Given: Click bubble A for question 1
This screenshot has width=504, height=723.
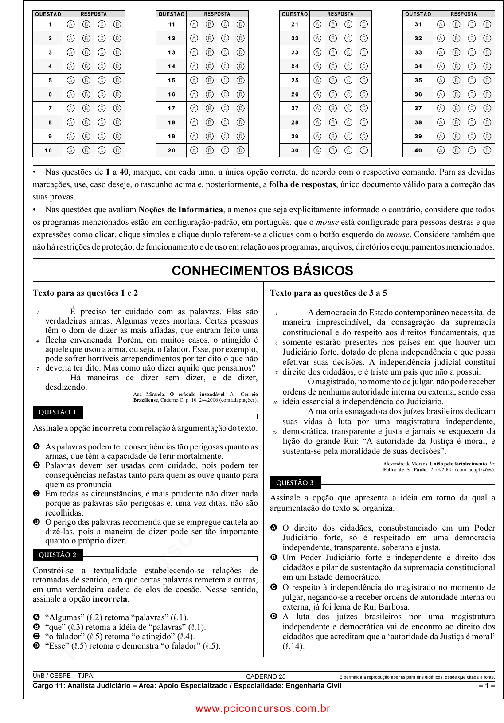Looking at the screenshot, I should pyautogui.click(x=71, y=24).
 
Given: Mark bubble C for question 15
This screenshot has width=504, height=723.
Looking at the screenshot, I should pyautogui.click(x=225, y=80).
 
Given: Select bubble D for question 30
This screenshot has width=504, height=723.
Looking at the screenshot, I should pyautogui.click(x=364, y=150).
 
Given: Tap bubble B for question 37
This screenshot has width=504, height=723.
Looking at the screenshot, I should pyautogui.click(x=456, y=108).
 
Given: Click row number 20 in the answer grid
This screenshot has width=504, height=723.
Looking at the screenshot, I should pyautogui.click(x=172, y=150).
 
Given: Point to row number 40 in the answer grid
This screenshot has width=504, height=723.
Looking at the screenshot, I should pyautogui.click(x=418, y=150).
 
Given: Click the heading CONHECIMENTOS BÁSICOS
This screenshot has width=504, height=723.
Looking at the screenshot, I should pyautogui.click(x=262, y=270).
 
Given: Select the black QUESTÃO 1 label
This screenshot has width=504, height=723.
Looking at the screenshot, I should pyautogui.click(x=58, y=412).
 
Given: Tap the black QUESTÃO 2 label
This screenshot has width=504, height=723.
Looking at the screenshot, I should pyautogui.click(x=58, y=555).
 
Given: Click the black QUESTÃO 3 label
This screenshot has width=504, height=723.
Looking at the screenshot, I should pyautogui.click(x=295, y=483).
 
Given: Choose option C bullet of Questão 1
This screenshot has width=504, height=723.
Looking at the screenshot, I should pyautogui.click(x=36, y=493).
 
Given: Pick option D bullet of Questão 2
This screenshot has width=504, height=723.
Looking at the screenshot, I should pyautogui.click(x=36, y=645).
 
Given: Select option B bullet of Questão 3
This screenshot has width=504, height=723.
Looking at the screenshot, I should pyautogui.click(x=273, y=557).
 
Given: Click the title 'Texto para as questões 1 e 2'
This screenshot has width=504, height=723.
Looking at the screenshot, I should pyautogui.click(x=85, y=293).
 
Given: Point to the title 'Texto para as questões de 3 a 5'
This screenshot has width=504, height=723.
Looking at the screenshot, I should pyautogui.click(x=328, y=293).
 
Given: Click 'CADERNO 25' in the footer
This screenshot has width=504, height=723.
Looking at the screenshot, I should pyautogui.click(x=266, y=676).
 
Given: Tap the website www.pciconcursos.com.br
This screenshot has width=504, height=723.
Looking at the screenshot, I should pyautogui.click(x=263, y=708).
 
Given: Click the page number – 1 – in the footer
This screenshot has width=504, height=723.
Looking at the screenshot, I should pyautogui.click(x=486, y=686).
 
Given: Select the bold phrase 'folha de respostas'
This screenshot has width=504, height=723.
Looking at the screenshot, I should pyautogui.click(x=302, y=184).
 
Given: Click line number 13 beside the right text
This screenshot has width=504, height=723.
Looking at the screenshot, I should pyautogui.click(x=275, y=432).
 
